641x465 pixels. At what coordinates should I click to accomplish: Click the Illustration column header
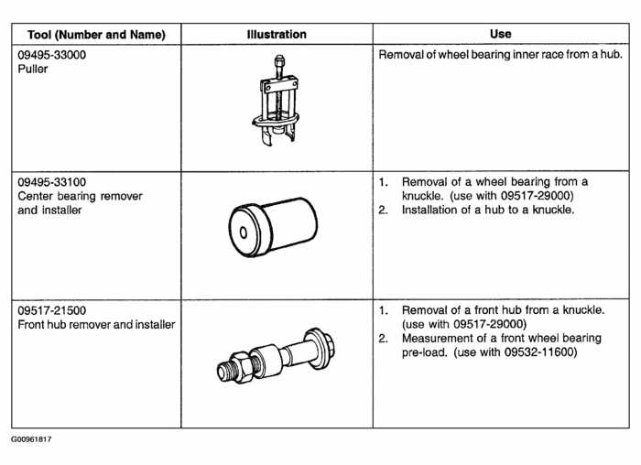[277, 35]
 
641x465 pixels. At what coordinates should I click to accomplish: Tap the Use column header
[500, 35]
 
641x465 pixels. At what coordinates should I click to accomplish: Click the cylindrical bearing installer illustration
[273, 225]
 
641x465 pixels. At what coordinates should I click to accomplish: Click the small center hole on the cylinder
[243, 232]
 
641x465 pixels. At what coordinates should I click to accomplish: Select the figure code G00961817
[32, 440]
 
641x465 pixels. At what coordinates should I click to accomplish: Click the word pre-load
[426, 352]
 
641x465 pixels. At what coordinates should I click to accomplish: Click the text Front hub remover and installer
[96, 325]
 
